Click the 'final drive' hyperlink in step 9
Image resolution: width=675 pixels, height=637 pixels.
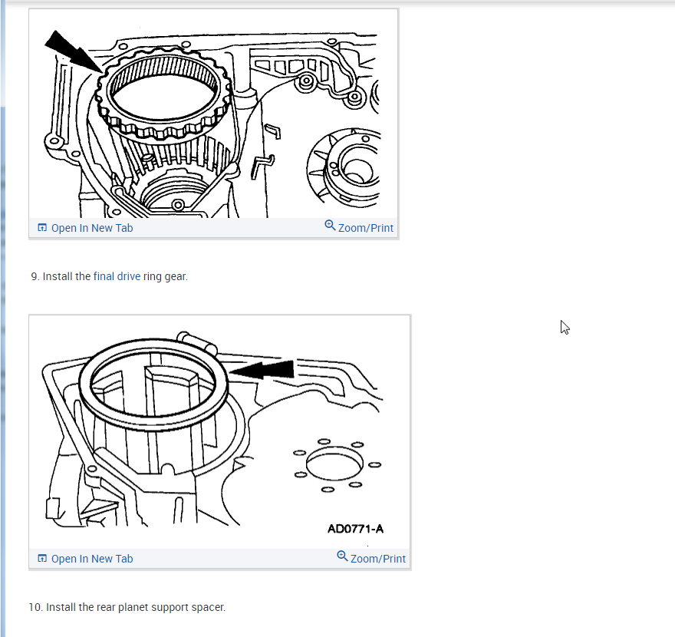coord(117,276)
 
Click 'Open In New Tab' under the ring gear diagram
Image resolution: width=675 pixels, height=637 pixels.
coord(92,228)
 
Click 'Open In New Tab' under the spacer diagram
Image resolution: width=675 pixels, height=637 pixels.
coord(92,559)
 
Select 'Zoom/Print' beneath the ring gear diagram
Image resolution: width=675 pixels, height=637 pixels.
coord(365,228)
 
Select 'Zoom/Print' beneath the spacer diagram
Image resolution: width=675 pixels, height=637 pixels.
coord(377,559)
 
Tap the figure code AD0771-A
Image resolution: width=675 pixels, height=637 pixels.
coord(355,529)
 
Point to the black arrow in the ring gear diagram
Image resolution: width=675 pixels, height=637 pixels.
coord(73,51)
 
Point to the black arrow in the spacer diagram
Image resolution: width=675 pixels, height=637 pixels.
coord(262,370)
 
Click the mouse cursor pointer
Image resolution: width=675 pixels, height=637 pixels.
coord(565,328)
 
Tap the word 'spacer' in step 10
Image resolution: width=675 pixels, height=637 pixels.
coord(209,607)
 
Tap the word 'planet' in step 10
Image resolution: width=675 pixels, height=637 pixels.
coord(132,607)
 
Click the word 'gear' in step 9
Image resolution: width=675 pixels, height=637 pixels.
coord(176,277)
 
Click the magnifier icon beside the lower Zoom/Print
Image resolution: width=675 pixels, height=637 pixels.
coord(342,556)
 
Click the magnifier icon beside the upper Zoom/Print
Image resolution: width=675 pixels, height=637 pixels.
coord(330,226)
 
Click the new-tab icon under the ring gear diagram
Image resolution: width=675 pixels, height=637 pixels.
coord(42,227)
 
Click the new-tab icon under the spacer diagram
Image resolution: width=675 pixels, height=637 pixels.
coord(42,558)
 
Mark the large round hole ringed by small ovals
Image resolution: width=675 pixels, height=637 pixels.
coord(334,464)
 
